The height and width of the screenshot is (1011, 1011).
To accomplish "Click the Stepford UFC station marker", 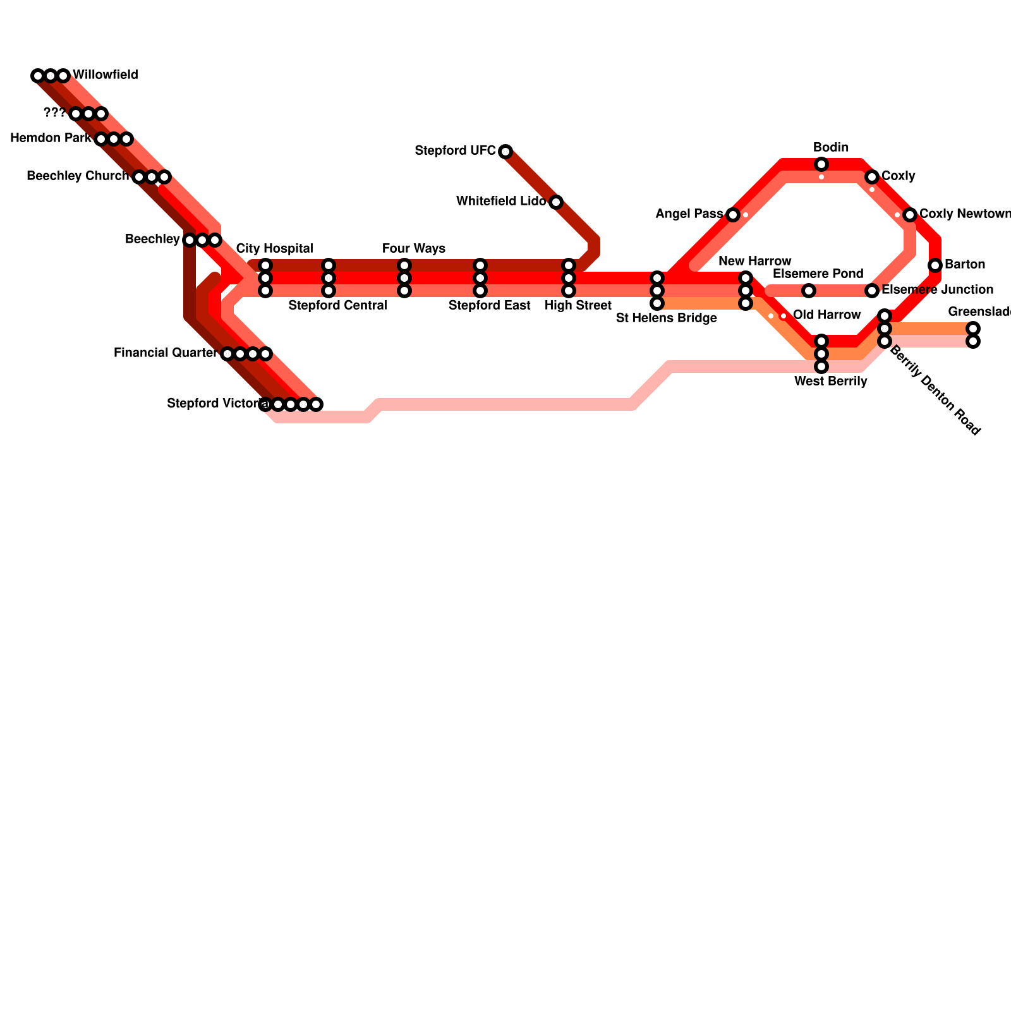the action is point(505,152).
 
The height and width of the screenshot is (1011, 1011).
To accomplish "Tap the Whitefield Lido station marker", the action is point(556,202).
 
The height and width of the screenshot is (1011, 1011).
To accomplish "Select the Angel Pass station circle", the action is point(733,215).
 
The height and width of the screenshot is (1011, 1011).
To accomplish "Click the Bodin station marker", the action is point(821,164).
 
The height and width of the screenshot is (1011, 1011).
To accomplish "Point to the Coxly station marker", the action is point(872,177).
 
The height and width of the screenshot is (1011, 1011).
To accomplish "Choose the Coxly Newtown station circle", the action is point(910,215).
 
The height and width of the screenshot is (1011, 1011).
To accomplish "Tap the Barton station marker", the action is point(935,265).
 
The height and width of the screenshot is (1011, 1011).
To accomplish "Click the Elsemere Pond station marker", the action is point(809,291).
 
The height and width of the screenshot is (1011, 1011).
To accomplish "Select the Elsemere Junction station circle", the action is point(872,291).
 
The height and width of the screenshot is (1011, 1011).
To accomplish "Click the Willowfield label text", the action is point(106,75).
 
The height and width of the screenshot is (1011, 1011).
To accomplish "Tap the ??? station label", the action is point(54,113).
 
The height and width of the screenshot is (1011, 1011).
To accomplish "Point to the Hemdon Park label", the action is point(51,138).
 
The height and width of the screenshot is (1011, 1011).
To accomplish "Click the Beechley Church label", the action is point(78,176).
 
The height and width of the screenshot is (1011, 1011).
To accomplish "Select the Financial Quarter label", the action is point(165,353).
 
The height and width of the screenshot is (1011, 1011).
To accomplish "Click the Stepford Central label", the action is point(337,306).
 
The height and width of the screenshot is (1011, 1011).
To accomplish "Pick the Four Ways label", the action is point(414,249).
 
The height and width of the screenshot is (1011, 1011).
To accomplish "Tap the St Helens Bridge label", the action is point(666,318).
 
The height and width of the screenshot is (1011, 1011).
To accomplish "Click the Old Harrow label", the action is point(826,315).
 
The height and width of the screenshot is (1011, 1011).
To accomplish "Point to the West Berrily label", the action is point(830,382).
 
